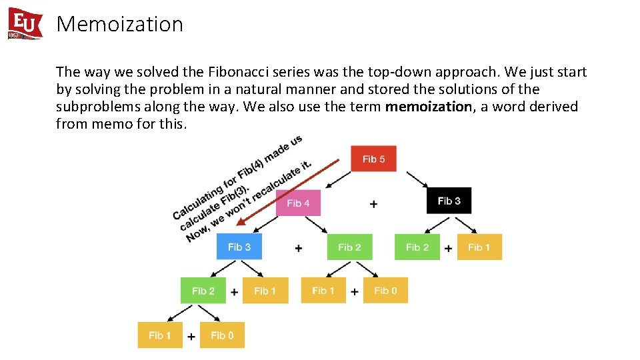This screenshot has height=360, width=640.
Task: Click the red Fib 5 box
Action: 373,159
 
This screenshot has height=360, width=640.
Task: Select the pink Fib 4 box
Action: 298,203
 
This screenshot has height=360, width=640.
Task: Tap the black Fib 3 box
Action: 449,201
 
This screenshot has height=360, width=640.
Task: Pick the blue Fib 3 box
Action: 239,247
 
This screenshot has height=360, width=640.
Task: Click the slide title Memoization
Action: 120,24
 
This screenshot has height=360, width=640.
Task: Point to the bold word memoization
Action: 428,107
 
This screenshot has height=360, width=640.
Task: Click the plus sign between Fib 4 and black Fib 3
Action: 373,204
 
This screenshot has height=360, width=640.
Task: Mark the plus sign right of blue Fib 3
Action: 298,248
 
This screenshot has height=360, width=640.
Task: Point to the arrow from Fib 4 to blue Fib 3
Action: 267,224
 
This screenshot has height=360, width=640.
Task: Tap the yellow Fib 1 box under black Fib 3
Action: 479,247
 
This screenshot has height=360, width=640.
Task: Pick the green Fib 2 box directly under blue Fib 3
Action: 203,291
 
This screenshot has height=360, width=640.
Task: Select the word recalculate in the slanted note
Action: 277,181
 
